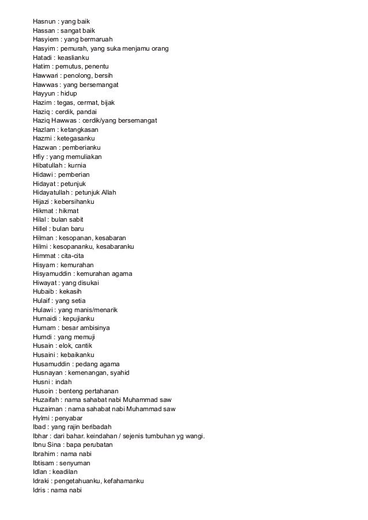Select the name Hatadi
tap(43, 58)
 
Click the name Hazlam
tap(44, 131)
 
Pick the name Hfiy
tap(39, 157)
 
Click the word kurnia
tap(81, 166)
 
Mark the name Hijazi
tap(42, 202)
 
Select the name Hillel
tap(42, 229)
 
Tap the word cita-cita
tap(74, 255)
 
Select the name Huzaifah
tap(46, 400)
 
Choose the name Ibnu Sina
tap(47, 445)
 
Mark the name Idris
tap(41, 489)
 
